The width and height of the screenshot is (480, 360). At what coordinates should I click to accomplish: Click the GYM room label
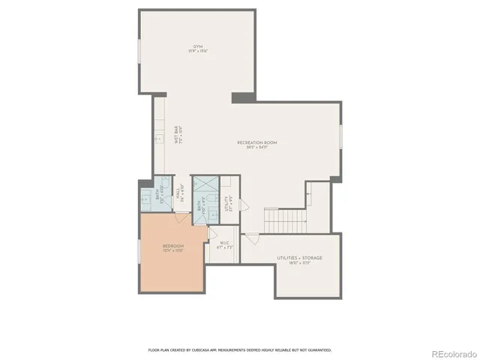pos(197,46)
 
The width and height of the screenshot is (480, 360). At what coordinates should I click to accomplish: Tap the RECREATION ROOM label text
pos(252,142)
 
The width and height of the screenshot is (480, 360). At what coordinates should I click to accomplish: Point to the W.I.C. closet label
pos(223,243)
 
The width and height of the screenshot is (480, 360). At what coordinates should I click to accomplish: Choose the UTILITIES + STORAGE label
pos(294,259)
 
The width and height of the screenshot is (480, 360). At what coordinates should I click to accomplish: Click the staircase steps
pos(285,220)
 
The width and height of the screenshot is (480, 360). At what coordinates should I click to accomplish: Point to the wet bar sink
pos(157,140)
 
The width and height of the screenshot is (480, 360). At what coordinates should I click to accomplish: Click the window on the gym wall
pos(139,56)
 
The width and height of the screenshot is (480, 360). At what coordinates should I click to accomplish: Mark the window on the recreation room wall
pos(340,136)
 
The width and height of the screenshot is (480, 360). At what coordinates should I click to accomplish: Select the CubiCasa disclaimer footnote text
pos(240,349)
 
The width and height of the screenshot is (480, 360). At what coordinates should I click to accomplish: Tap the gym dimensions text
pos(197,51)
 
